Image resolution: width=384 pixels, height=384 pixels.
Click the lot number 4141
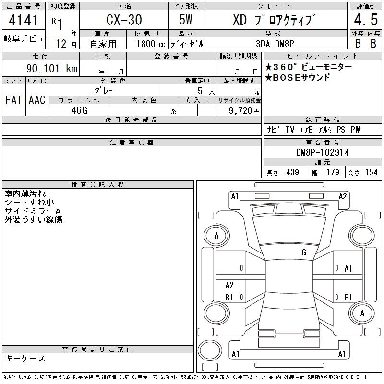23,20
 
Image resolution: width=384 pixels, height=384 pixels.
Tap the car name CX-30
124,20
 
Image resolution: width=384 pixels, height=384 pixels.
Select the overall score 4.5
366,20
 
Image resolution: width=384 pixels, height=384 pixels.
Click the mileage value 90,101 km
52,68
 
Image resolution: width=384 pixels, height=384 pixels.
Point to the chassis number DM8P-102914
322,152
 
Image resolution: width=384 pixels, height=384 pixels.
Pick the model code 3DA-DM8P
275,44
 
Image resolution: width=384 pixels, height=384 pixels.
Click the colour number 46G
79,110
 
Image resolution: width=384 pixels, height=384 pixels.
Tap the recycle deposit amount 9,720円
244,111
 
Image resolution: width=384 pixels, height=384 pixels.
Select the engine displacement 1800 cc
151,44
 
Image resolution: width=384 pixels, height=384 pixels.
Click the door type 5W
186,20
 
